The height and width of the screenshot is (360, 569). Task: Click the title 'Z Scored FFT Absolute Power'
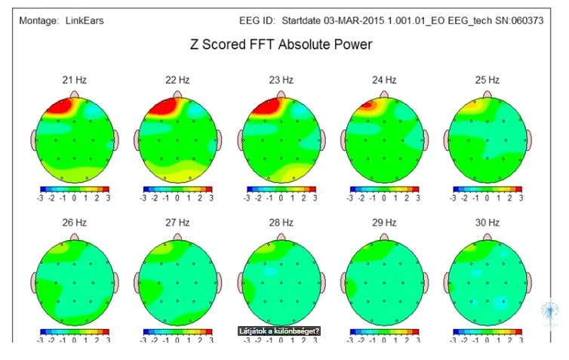coord(281,45)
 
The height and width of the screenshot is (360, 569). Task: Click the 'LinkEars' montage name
coord(83,20)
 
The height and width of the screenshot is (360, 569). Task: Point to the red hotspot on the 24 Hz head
coord(368,106)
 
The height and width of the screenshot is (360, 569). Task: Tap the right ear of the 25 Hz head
coord(530,140)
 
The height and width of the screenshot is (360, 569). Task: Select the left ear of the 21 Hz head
coord(34,140)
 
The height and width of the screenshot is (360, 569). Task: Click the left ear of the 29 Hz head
coord(344,282)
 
